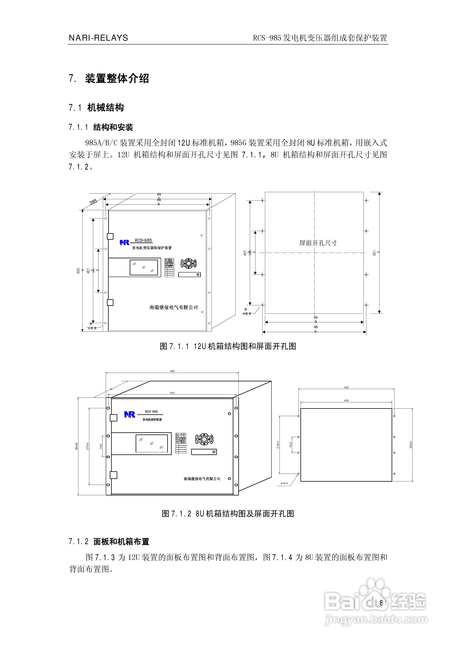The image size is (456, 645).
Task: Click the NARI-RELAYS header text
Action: click(98, 38)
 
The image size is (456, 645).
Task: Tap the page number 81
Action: click(383, 603)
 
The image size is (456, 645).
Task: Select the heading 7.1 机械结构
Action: click(96, 108)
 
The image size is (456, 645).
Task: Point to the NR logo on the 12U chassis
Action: click(124, 242)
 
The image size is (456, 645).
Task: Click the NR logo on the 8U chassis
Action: click(130, 414)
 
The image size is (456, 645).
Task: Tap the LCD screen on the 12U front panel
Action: click(144, 267)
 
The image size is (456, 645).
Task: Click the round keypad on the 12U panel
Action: click(188, 263)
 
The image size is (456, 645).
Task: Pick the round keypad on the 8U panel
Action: click(204, 439)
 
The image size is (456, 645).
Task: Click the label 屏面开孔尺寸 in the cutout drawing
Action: click(318, 243)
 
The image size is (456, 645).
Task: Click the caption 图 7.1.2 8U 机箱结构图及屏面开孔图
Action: click(228, 514)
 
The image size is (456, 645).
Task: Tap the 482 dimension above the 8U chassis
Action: click(172, 371)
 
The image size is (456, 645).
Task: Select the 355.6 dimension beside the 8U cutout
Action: click(411, 445)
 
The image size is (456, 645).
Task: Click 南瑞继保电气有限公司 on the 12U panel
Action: click(174, 307)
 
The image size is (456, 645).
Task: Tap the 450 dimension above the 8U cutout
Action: click(346, 401)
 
